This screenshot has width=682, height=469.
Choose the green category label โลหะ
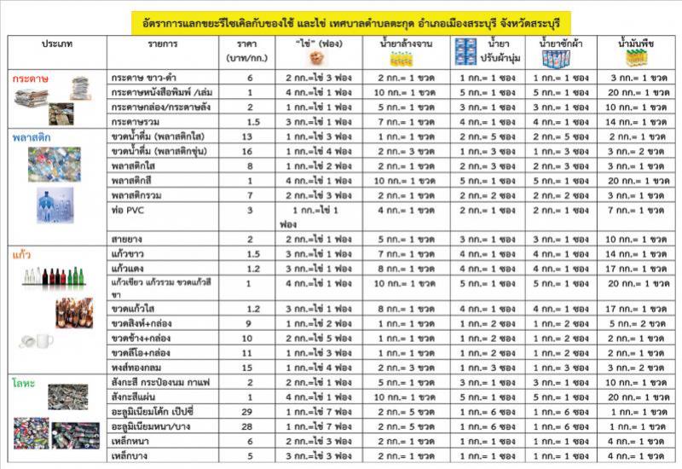pos(25,384)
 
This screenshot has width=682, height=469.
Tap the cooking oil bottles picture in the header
pos(638,58)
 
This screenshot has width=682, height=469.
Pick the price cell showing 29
pos(250,412)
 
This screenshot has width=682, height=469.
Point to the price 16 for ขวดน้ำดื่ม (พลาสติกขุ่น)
pos(250,151)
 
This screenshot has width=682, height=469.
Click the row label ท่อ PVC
pos(127,210)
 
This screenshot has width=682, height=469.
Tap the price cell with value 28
pos(250,426)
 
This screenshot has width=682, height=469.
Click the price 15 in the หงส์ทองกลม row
pos(250,368)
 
